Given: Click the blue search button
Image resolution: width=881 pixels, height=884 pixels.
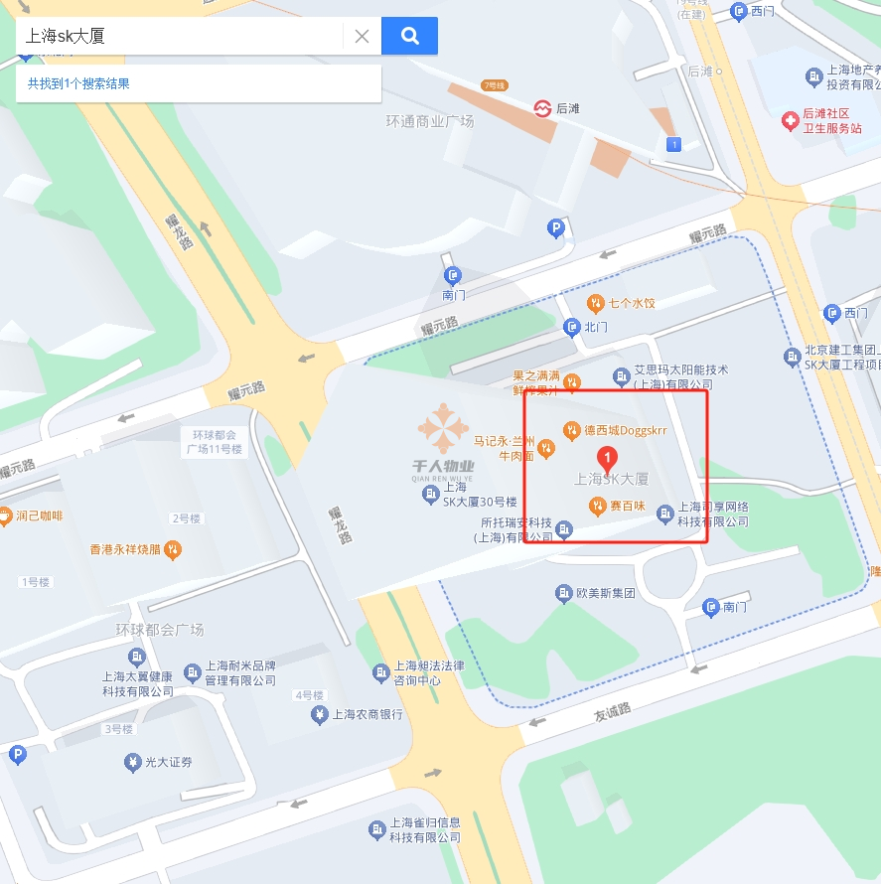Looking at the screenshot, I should click(x=409, y=37).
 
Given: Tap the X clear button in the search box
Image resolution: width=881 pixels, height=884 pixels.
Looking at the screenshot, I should click(x=362, y=37).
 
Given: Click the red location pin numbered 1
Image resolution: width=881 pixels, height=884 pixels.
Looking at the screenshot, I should click(x=609, y=458).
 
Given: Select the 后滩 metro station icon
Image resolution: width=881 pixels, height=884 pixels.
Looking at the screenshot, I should click(x=542, y=108).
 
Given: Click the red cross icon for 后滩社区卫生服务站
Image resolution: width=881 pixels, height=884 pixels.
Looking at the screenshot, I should click(x=790, y=121).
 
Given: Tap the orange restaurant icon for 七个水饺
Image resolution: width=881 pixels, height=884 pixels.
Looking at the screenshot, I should click(x=595, y=303).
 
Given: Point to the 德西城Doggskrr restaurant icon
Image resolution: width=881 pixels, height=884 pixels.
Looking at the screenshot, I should click(x=571, y=430).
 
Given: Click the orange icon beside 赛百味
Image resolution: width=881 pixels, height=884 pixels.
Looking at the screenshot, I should click(x=596, y=507).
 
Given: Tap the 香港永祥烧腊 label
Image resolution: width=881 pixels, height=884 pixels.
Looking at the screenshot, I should click(x=127, y=548).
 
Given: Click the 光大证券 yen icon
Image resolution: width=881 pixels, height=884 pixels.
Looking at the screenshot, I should click(x=132, y=763).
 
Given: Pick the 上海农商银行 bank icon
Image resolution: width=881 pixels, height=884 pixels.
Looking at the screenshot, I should click(x=320, y=714).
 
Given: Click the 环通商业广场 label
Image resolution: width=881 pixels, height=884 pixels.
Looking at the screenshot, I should click(x=430, y=121).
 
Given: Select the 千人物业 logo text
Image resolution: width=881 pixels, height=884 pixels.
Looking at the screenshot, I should click(x=443, y=467).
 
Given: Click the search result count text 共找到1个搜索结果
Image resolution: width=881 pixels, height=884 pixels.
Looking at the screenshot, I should click(x=78, y=83).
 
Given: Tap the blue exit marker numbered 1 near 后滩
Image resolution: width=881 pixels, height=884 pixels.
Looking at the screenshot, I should click(x=675, y=145).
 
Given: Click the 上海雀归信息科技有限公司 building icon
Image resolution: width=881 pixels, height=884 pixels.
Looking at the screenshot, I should click(x=376, y=829).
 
